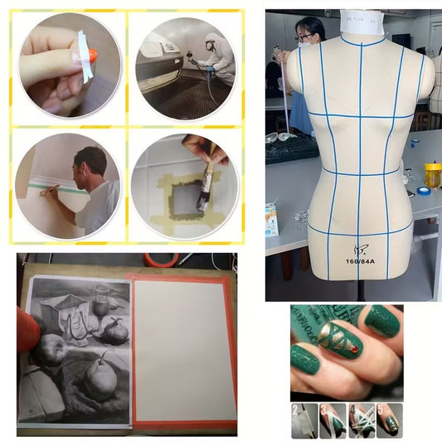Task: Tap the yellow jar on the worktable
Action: coord(433,175)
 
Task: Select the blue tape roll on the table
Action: coord(424,191)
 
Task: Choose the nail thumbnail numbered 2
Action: coord(304,420)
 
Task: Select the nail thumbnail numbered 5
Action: coord(388,420)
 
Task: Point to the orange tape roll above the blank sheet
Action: coord(160,260)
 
